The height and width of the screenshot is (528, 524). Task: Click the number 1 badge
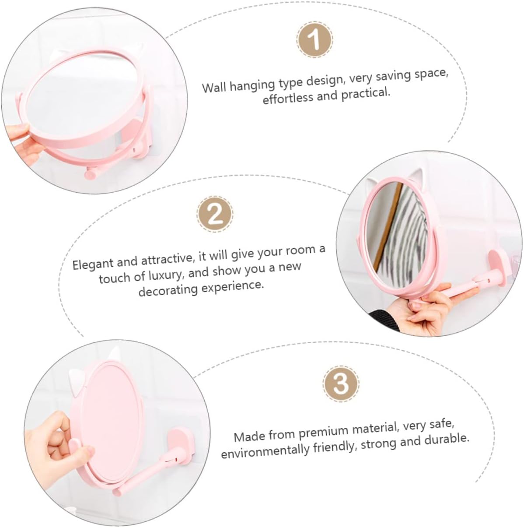pyautogui.click(x=314, y=40)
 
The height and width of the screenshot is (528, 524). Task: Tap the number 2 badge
pyautogui.click(x=215, y=214)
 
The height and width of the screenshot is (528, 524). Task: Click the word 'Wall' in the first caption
pyautogui.click(x=215, y=87)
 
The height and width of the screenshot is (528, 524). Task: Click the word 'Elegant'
pyautogui.click(x=93, y=264)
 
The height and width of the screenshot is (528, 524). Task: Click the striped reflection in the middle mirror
pyautogui.click(x=411, y=227)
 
